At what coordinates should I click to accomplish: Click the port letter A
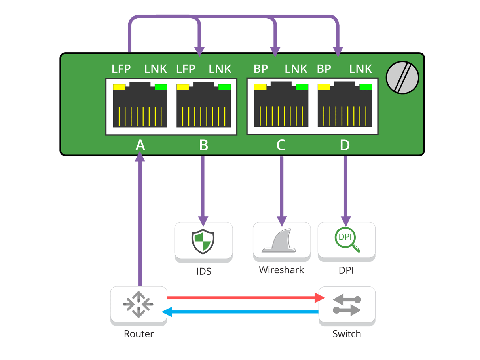pyautogui.click(x=140, y=145)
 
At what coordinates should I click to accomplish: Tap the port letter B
pyautogui.click(x=203, y=145)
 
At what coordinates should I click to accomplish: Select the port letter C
pyautogui.click(x=281, y=145)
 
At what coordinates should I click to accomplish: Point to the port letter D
pyautogui.click(x=345, y=145)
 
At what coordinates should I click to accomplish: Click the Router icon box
pyautogui.click(x=138, y=304)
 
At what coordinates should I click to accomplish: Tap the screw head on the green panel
pyautogui.click(x=402, y=77)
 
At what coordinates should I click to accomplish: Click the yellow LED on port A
pyautogui.click(x=119, y=87)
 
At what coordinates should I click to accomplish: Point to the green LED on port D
pyautogui.click(x=366, y=87)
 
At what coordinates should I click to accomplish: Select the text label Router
pyautogui.click(x=138, y=334)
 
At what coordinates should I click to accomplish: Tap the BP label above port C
pyautogui.click(x=261, y=69)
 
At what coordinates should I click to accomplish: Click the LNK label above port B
pyautogui.click(x=220, y=69)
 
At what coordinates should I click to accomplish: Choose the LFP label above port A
pyautogui.click(x=121, y=69)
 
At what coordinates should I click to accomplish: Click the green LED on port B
pyautogui.click(x=224, y=87)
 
